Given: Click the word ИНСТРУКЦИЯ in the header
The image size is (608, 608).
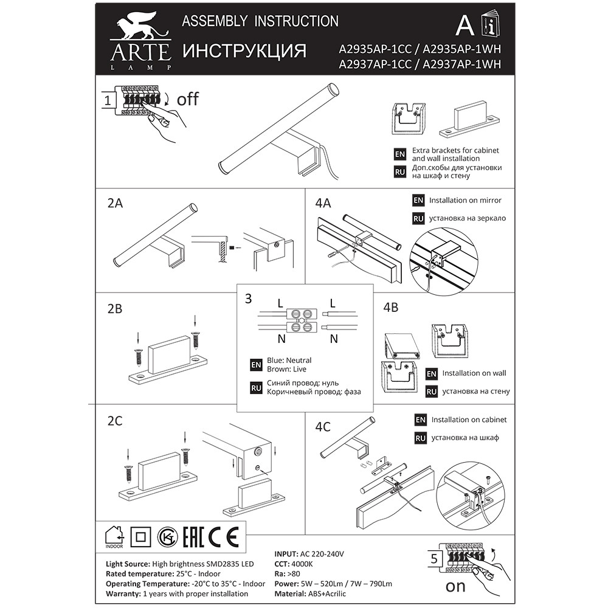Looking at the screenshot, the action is point(244,51).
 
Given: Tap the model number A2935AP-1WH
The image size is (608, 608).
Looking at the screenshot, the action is point(461,49).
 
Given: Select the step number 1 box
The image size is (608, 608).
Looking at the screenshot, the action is point(108,100).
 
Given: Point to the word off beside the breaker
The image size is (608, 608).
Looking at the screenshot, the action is point(188,99).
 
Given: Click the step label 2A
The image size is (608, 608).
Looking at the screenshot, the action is point(115,203).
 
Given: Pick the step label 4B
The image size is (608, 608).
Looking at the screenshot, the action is point(390,307).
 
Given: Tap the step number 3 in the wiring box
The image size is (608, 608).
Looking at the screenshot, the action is point(248,299).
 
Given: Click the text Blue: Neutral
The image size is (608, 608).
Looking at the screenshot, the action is point(289,360).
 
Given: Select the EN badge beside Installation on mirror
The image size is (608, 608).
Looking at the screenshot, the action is point(418,200).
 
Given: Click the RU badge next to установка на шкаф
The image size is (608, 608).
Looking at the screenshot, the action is point(420,438).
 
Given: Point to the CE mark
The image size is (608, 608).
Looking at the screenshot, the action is point(224,537).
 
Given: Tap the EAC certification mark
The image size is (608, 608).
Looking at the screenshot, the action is point(193,537).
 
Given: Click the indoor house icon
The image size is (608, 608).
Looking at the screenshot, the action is point(114,537).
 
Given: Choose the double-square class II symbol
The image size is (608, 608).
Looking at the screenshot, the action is point(140,537).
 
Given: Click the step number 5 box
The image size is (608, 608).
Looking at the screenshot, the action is point(434,558).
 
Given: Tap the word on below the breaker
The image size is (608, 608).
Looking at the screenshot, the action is point(455,586).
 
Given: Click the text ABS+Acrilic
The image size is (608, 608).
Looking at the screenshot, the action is point(327,593).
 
